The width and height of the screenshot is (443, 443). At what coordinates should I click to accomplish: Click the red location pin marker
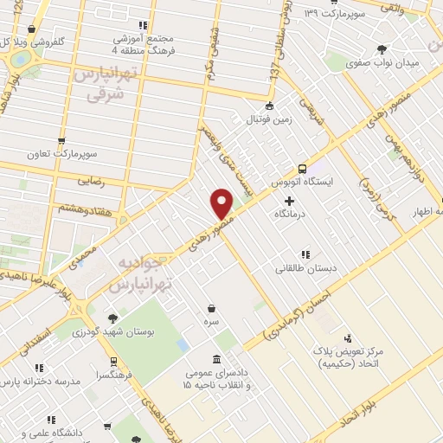tap(222, 203)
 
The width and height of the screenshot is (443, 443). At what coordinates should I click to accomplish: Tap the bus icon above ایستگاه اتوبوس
tap(302, 169)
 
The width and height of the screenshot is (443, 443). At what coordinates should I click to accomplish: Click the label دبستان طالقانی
tap(304, 268)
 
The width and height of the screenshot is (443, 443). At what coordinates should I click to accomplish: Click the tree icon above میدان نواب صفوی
tap(382, 48)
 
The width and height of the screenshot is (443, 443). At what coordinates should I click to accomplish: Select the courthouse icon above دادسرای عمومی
tap(215, 358)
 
